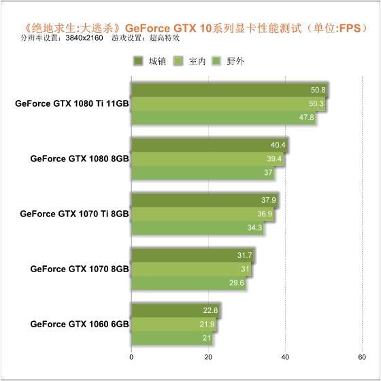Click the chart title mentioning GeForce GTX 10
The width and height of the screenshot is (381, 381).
[197, 28]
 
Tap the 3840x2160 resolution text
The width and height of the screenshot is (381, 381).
[84, 38]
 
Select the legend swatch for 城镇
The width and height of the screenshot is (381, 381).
[138, 61]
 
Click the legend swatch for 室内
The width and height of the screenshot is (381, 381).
[178, 61]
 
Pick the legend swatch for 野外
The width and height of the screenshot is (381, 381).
[216, 61]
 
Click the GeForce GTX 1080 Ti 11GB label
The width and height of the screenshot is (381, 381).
[72, 103]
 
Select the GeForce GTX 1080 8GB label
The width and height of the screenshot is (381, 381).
[80, 159]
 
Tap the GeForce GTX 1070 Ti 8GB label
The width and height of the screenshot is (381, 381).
[74, 214]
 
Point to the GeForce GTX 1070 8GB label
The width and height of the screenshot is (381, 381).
[80, 269]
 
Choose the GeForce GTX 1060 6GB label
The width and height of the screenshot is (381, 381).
[80, 324]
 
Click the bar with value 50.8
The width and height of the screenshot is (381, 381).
[229, 90]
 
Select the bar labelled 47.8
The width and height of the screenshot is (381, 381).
[224, 118]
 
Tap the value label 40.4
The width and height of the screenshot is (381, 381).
[278, 145]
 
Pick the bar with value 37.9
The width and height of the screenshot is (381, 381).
[204, 200]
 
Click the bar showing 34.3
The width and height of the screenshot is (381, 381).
[197, 228]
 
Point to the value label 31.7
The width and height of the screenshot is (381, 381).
[244, 255]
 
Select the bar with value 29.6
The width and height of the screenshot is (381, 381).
[188, 283]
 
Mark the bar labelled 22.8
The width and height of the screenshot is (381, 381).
[176, 310]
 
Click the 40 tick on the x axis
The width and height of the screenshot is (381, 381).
[285, 357]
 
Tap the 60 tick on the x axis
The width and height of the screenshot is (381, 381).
[362, 357]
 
